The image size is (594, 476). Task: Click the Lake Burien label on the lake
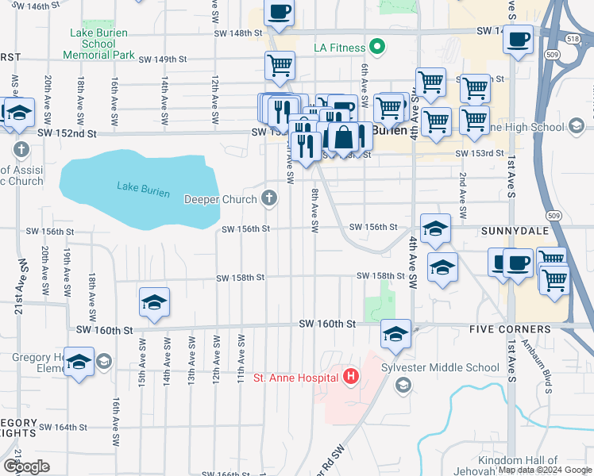tap(138, 186)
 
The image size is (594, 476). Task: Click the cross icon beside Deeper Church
tap(270, 198)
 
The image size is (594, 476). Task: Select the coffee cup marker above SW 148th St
tap(279, 13)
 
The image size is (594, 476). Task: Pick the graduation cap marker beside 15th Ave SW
tap(154, 302)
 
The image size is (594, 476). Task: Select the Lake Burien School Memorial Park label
tap(98, 44)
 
